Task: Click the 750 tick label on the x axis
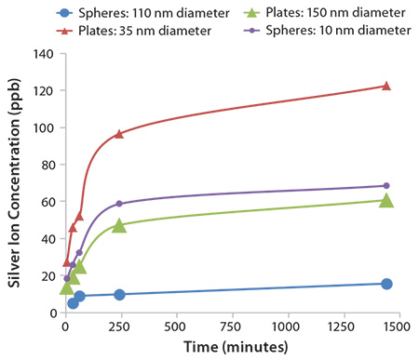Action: (231, 328)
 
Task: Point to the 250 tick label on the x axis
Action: (119, 328)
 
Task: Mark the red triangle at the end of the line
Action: (385, 86)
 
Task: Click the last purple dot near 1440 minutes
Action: (385, 186)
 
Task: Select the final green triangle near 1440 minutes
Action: (385, 200)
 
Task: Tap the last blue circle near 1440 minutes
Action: (385, 284)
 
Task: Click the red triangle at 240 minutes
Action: (118, 134)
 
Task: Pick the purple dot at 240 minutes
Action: (118, 204)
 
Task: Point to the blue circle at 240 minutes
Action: (118, 295)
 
